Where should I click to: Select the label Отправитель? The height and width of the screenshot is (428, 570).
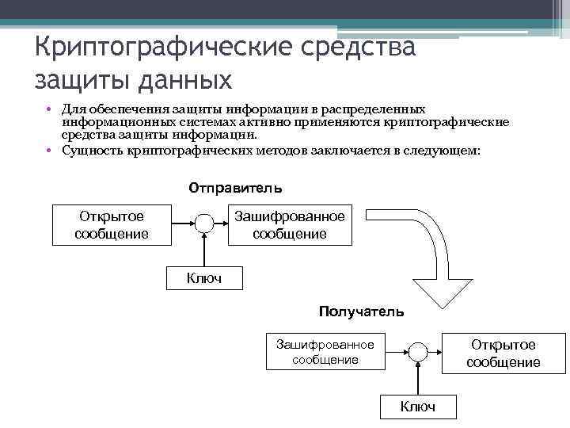[235, 189]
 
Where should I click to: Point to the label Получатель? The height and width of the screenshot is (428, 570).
[361, 311]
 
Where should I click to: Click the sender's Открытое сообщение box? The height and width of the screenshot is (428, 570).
[112, 224]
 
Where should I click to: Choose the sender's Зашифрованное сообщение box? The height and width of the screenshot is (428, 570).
[289, 224]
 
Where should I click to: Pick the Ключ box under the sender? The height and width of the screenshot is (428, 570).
[203, 277]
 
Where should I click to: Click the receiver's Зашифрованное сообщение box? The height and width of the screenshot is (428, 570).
[325, 351]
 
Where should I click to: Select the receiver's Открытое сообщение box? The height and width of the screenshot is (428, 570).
[503, 353]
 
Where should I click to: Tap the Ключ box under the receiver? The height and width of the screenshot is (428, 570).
[417, 407]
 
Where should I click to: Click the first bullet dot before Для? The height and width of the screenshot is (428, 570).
[48, 109]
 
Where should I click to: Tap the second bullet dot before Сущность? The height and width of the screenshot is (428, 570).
[48, 149]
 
